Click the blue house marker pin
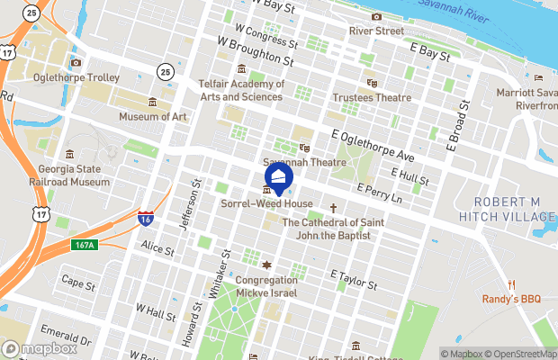coord(279,179)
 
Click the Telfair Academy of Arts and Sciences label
coord(241,90)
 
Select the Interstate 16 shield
coord(145,220)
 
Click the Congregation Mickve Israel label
coord(266,286)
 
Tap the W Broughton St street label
coord(256,51)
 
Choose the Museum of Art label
coord(153,116)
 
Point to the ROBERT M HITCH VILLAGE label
coord(507,210)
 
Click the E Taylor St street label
coord(353,279)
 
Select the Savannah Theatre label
coord(304,162)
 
